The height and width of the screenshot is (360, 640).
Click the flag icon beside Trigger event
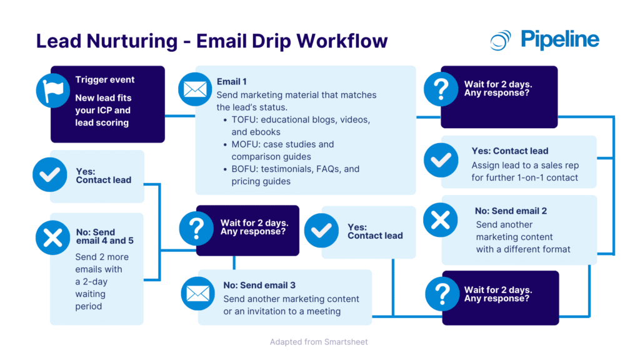(x=54, y=90)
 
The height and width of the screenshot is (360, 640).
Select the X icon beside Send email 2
(x=441, y=221)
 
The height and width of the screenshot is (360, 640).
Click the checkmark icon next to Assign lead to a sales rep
(x=441, y=160)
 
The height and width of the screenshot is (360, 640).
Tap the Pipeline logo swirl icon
(x=501, y=40)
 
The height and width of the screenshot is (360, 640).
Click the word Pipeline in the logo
(x=559, y=39)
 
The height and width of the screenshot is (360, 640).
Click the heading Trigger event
(x=104, y=80)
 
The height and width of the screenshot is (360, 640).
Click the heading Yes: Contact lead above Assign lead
(x=509, y=151)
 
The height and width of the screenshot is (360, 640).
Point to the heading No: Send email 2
(x=511, y=211)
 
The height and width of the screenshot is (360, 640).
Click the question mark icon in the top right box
(x=441, y=89)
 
